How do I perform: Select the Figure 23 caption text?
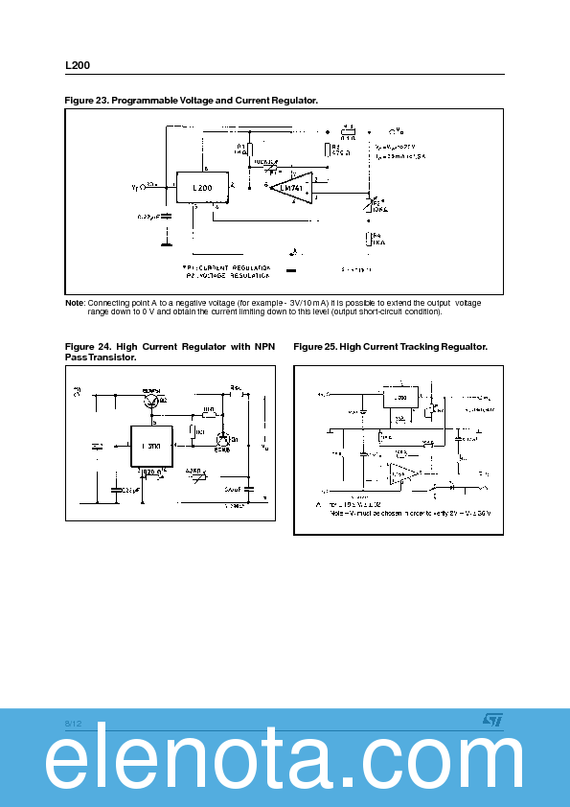tap(191, 101)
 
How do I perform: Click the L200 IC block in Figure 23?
tap(202, 188)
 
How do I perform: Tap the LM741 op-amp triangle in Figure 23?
tap(291, 188)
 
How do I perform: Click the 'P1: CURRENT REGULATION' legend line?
tap(227, 267)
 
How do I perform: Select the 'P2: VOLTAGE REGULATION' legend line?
tap(227, 275)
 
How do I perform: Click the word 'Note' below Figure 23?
tap(74, 304)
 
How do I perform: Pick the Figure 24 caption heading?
tap(170, 351)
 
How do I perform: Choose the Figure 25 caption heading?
tap(390, 346)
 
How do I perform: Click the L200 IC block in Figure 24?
tap(151, 447)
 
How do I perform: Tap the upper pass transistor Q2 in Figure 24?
tap(152, 403)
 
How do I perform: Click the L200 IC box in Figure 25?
tap(400, 397)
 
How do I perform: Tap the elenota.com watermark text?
tap(285, 764)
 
